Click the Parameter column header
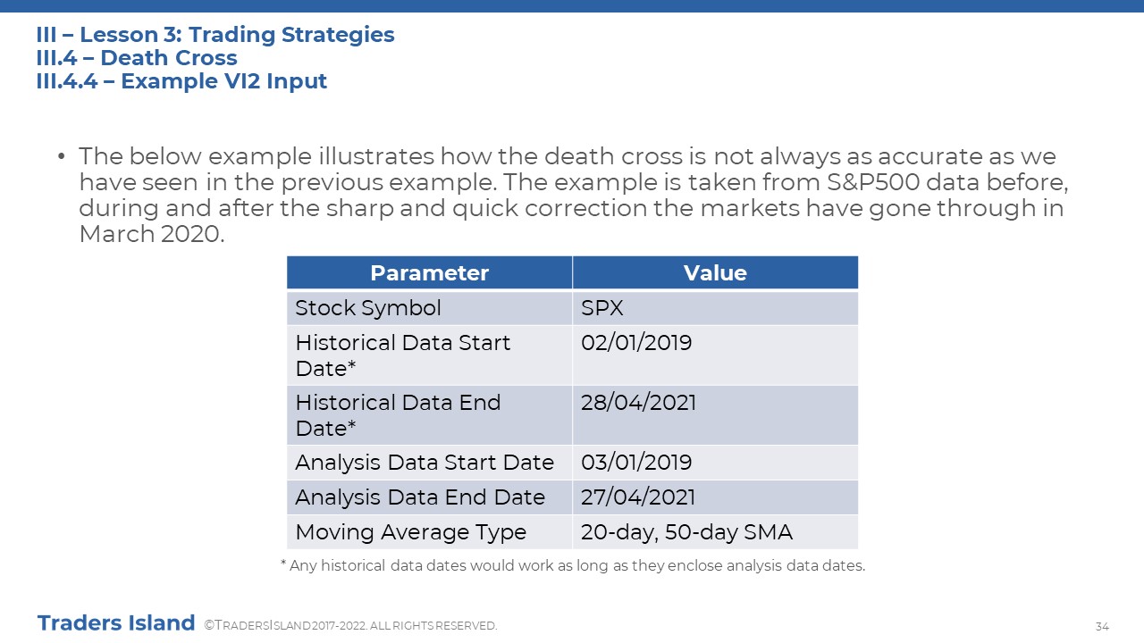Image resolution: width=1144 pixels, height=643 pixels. [429, 273]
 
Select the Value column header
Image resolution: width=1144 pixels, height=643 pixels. [715, 273]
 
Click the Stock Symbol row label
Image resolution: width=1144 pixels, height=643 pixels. [367, 308]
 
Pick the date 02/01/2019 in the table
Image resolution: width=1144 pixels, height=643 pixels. [636, 342]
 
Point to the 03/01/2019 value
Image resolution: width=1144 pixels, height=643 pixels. [636, 463]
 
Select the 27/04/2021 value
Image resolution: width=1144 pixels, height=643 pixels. [638, 497]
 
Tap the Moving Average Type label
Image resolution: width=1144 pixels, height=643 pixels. [410, 532]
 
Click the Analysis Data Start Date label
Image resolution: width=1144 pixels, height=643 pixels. [425, 463]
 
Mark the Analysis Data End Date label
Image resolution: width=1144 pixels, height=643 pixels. [420, 497]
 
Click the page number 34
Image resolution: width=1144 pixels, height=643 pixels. [1102, 626]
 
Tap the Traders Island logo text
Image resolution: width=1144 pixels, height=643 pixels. [116, 623]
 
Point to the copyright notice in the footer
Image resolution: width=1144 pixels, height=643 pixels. [350, 626]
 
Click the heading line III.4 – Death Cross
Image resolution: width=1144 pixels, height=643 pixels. [137, 58]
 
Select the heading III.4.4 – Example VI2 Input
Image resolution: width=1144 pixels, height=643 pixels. [181, 81]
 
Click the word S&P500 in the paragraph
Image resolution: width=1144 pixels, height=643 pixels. [873, 182]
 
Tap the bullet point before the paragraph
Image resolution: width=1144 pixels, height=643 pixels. [62, 156]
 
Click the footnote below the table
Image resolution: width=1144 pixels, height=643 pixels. [573, 566]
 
